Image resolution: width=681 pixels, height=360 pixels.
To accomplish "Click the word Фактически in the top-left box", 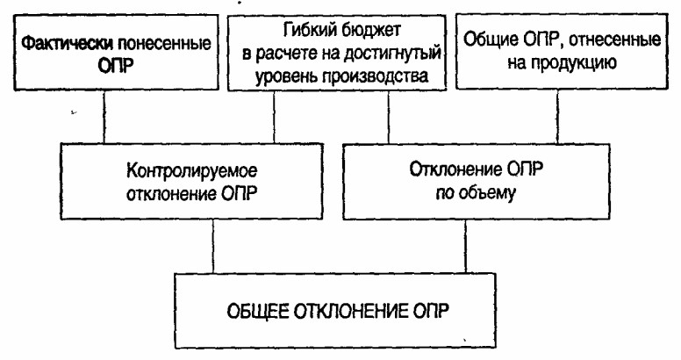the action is pyautogui.click(x=68, y=44).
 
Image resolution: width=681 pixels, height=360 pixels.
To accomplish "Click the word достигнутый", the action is pyautogui.click(x=392, y=54).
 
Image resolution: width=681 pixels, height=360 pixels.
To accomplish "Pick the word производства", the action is pyautogui.click(x=376, y=76).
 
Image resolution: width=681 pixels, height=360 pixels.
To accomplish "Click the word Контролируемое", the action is pyautogui.click(x=191, y=170).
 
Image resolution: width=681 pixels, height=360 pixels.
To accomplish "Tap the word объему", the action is pyautogui.click(x=487, y=192).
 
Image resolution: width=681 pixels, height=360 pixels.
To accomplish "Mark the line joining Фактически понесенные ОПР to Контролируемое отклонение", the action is pyautogui.click(x=104, y=117).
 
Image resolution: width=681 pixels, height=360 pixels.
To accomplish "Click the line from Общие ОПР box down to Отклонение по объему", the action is pyautogui.click(x=557, y=117).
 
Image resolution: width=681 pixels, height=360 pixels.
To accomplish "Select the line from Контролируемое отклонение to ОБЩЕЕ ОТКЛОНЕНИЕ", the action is pyautogui.click(x=212, y=246).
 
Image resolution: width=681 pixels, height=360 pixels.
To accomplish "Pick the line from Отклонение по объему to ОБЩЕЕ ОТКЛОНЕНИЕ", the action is pyautogui.click(x=466, y=246).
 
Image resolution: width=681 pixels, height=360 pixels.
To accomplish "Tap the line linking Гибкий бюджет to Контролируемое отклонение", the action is pyautogui.click(x=274, y=117).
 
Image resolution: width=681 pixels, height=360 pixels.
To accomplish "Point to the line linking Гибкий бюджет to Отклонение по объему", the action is pyautogui.click(x=388, y=117).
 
